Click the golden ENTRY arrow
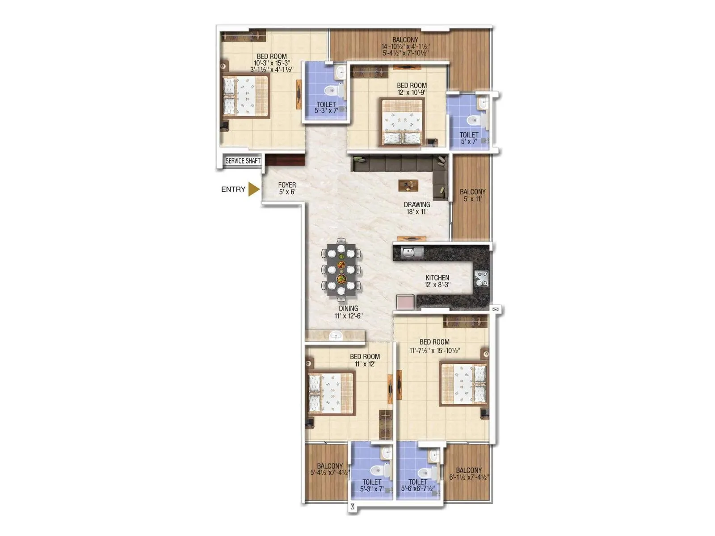(254, 189)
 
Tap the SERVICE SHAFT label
(243, 161)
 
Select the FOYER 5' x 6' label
(287, 188)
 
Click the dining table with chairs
(341, 270)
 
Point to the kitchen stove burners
(481, 278)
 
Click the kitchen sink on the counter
(412, 253)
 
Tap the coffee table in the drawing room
(408, 185)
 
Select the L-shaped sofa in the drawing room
(402, 165)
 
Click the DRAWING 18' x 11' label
(417, 208)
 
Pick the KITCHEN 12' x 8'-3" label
(437, 281)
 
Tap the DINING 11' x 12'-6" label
(348, 312)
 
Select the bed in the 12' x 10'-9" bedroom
(402, 122)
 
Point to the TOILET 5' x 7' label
(469, 138)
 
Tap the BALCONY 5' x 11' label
(472, 195)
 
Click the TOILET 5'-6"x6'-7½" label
(418, 485)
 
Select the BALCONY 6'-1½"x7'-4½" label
(469, 473)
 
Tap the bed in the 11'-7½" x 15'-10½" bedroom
(463, 384)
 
